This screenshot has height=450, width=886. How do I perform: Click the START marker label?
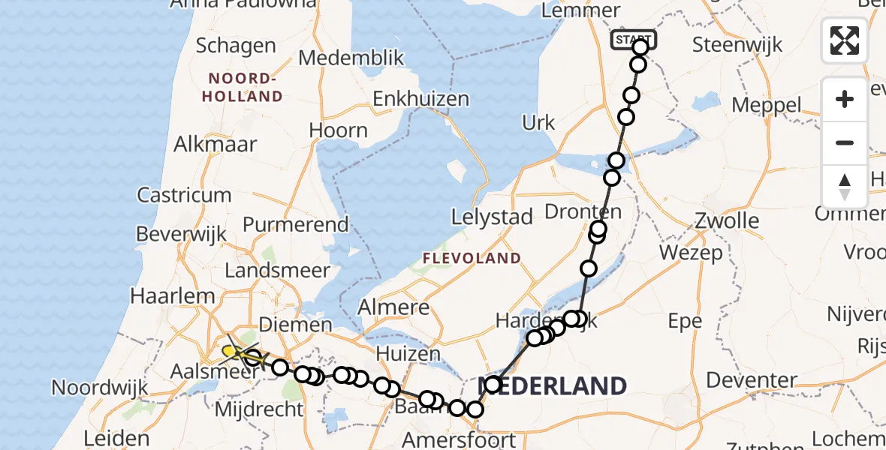click(x=634, y=39)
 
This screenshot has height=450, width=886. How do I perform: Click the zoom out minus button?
click(x=845, y=143)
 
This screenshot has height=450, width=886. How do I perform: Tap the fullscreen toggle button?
click(x=845, y=40)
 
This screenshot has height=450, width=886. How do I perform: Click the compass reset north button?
click(x=845, y=187)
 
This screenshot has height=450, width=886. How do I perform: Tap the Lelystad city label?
click(x=492, y=217)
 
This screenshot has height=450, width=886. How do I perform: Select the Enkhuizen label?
click(x=420, y=99)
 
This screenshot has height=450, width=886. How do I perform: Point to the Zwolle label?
click(x=727, y=220)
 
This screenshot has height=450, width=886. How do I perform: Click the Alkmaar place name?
click(x=215, y=144)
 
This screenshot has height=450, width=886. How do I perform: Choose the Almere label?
click(x=393, y=307)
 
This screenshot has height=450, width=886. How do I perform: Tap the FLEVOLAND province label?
click(x=472, y=259)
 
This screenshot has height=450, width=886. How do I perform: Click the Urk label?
click(x=538, y=123)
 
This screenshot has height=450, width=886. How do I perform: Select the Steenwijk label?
click(x=737, y=44)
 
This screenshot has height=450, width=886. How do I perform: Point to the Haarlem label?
click(x=173, y=296)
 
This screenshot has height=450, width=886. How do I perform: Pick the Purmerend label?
click(x=296, y=224)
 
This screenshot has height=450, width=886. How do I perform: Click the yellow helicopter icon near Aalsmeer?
click(x=234, y=350)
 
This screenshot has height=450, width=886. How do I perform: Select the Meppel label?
click(x=766, y=104)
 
